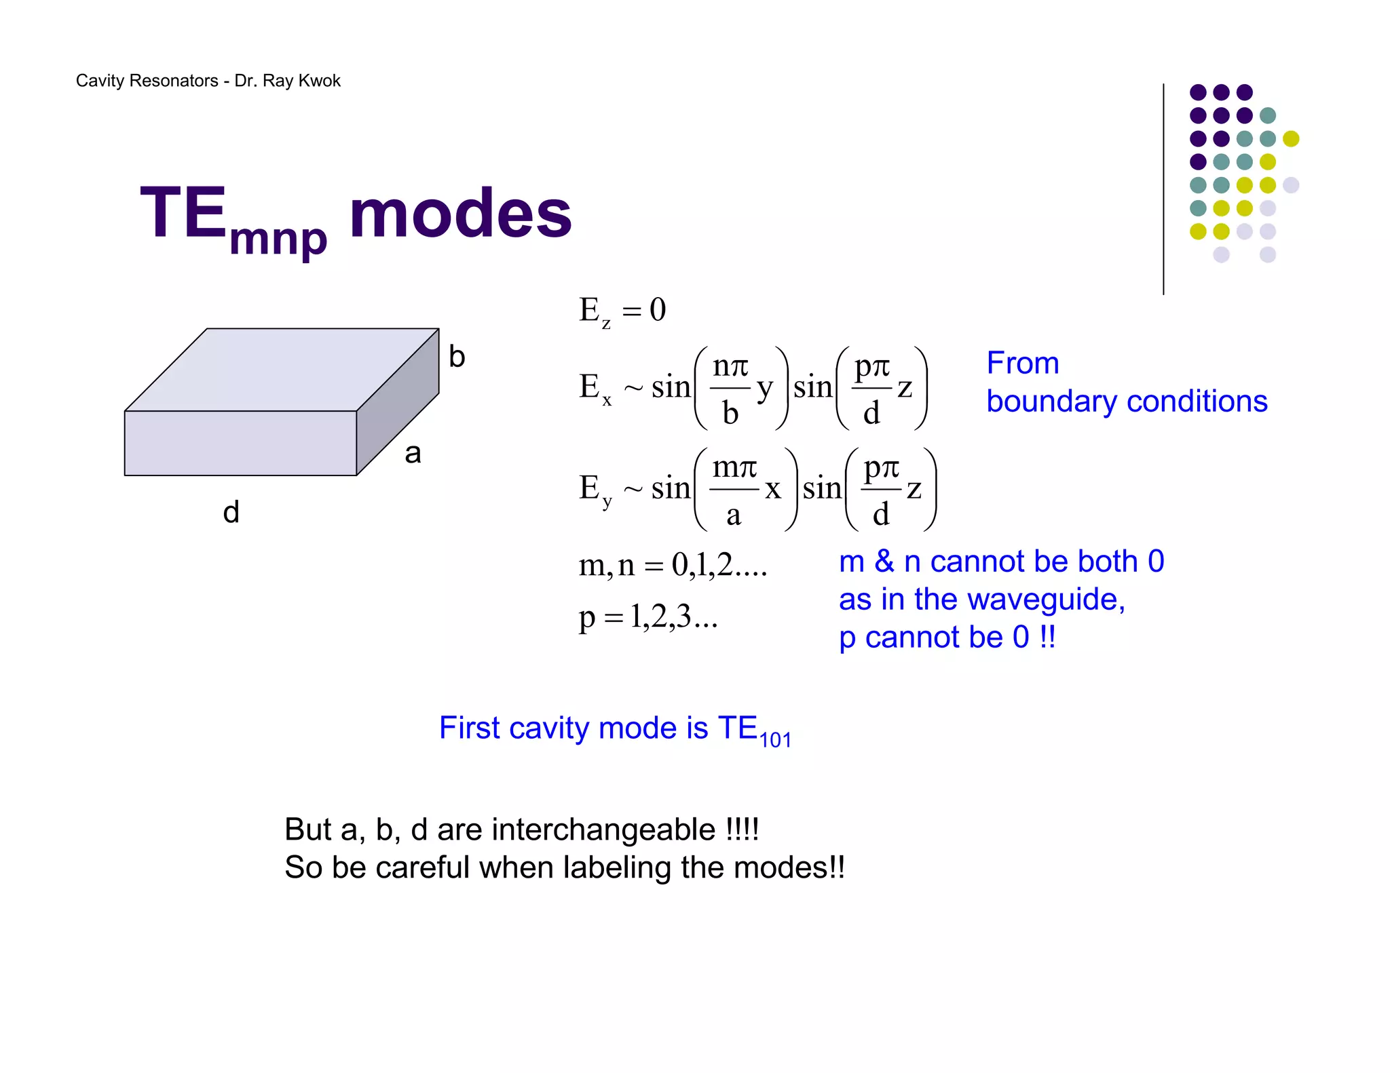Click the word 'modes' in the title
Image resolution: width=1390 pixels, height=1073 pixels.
pos(460,215)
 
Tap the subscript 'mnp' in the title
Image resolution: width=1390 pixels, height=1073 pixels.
pos(278,239)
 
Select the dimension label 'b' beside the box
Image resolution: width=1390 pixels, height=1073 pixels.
pos(457,357)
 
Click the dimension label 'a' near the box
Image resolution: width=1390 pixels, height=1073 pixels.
pos(413,453)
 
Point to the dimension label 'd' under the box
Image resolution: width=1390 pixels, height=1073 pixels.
pos(231,512)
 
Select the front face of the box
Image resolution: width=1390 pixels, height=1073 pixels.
pos(240,443)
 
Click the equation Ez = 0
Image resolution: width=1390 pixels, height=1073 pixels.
pos(622,311)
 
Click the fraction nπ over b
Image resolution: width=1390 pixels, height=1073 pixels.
pos(730,389)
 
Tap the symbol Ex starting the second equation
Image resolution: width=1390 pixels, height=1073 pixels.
pos(595,388)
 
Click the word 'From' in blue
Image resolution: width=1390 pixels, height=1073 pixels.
pos(1022,363)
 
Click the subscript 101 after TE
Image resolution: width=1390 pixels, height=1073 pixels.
pos(775,740)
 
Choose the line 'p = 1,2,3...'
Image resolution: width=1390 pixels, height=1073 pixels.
pos(647,617)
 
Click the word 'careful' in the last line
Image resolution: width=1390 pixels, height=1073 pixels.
pos(422,867)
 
